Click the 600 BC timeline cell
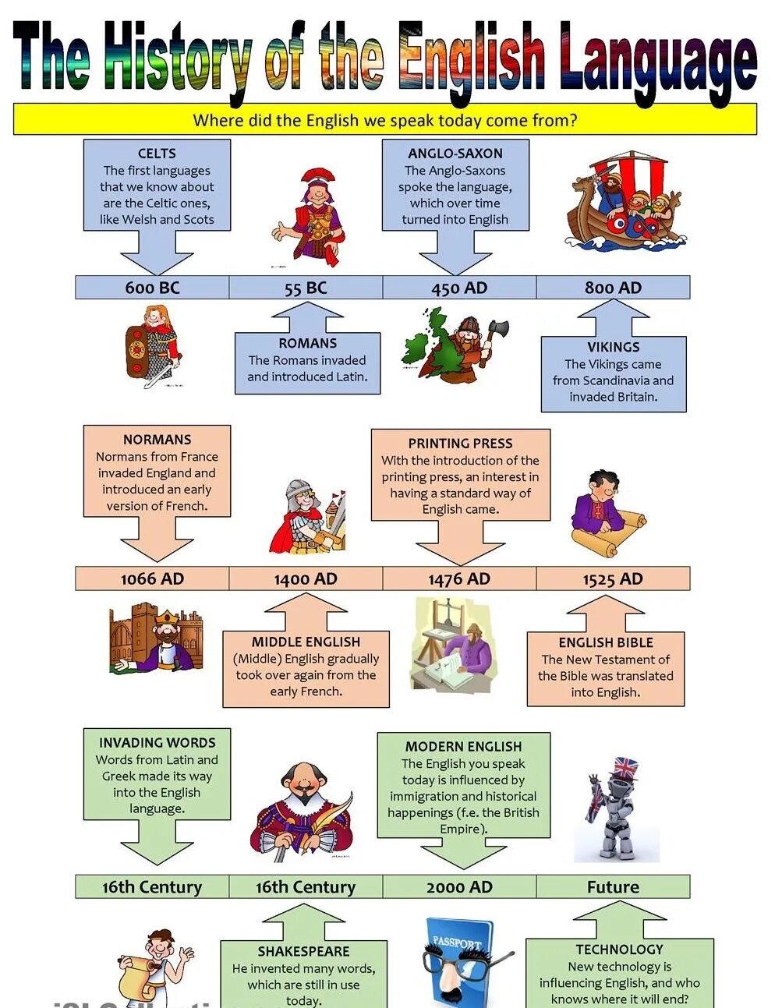pyautogui.click(x=152, y=288)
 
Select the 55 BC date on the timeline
pyautogui.click(x=306, y=288)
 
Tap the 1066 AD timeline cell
pyautogui.click(x=152, y=578)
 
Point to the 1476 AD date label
pyautogui.click(x=459, y=578)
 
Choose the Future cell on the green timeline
pyautogui.click(x=613, y=886)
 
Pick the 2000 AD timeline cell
pyautogui.click(x=459, y=886)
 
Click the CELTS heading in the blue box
pyautogui.click(x=157, y=154)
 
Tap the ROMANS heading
pyautogui.click(x=308, y=343)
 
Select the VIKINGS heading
pyautogui.click(x=614, y=347)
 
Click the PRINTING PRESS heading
pyautogui.click(x=460, y=443)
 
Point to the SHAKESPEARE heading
pyautogui.click(x=303, y=951)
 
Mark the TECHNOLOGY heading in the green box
pyautogui.click(x=619, y=949)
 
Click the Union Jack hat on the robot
pyautogui.click(x=625, y=769)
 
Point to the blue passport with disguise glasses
pyautogui.click(x=460, y=963)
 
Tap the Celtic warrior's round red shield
pyautogui.click(x=138, y=348)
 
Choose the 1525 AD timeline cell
pyautogui.click(x=613, y=578)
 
